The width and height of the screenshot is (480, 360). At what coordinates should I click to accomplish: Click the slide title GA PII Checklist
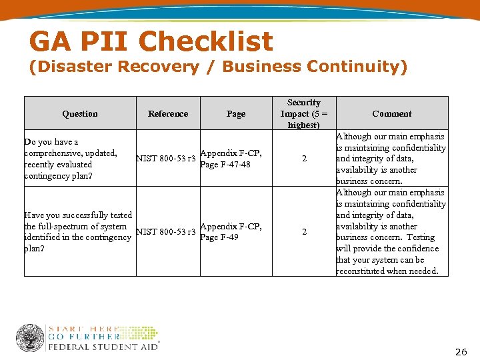151,42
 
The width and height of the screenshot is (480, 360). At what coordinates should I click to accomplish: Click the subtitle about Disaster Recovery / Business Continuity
217,67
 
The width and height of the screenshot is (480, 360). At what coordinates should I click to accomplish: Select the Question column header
80,114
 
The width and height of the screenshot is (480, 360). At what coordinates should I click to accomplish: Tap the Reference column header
168,114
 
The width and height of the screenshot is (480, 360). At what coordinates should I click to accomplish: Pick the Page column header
236,114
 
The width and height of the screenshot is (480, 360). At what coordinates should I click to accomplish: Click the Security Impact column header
303,113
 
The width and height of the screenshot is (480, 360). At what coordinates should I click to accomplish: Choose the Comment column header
391,114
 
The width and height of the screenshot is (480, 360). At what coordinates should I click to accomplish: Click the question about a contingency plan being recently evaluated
71,159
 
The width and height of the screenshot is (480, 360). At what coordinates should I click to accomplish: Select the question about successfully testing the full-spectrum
77,231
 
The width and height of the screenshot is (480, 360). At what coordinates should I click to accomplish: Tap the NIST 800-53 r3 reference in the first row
166,159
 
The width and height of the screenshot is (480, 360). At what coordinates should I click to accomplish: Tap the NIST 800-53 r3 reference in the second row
166,232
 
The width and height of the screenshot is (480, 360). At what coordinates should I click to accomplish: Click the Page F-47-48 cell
231,159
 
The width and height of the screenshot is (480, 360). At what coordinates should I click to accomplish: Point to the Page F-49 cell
231,232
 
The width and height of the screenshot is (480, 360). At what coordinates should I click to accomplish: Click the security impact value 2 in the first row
304,159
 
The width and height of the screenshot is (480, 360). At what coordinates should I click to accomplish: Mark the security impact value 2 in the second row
304,232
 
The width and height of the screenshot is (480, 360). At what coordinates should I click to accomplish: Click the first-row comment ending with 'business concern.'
391,159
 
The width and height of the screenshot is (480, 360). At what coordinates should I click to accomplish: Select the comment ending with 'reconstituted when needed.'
391,232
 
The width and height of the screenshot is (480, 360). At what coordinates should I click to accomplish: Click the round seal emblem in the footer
29,338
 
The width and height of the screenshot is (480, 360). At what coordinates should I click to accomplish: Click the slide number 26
461,351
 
